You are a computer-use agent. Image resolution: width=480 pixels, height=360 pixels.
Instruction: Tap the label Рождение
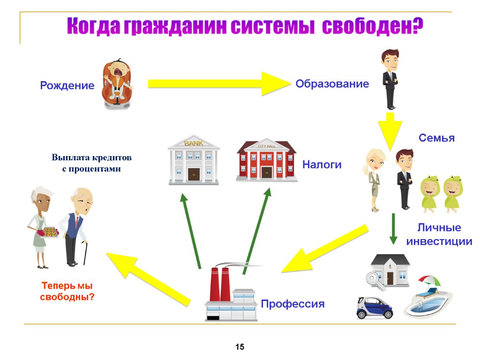click(x=67, y=86)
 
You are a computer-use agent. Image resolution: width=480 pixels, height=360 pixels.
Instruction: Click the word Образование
click(x=332, y=84)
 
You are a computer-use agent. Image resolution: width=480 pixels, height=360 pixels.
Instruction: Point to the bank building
click(x=194, y=160)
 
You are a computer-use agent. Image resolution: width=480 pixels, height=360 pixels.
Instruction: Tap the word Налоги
click(x=322, y=165)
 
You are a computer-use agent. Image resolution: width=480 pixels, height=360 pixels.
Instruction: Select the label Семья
click(x=436, y=138)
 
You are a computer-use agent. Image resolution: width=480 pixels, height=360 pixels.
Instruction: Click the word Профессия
click(x=292, y=304)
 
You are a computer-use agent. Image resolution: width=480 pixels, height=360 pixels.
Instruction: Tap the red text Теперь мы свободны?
click(x=67, y=291)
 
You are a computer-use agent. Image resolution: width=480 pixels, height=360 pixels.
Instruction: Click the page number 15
click(x=240, y=347)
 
